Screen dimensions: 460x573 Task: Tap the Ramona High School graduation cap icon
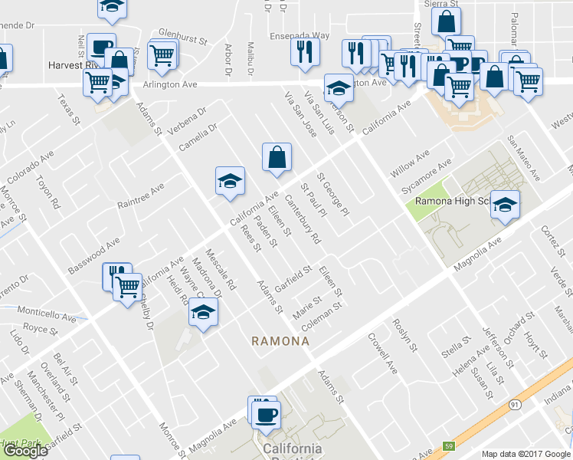pos(505,205)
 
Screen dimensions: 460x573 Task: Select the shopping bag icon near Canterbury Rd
pos(277,157)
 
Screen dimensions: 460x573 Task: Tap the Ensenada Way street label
pos(299,35)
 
